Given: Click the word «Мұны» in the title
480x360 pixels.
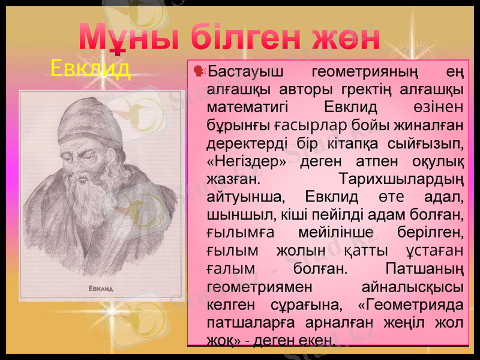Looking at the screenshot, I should [125, 39].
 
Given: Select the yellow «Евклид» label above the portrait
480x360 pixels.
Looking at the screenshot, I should [91, 69].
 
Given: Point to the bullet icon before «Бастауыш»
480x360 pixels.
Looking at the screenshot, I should [200, 72].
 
